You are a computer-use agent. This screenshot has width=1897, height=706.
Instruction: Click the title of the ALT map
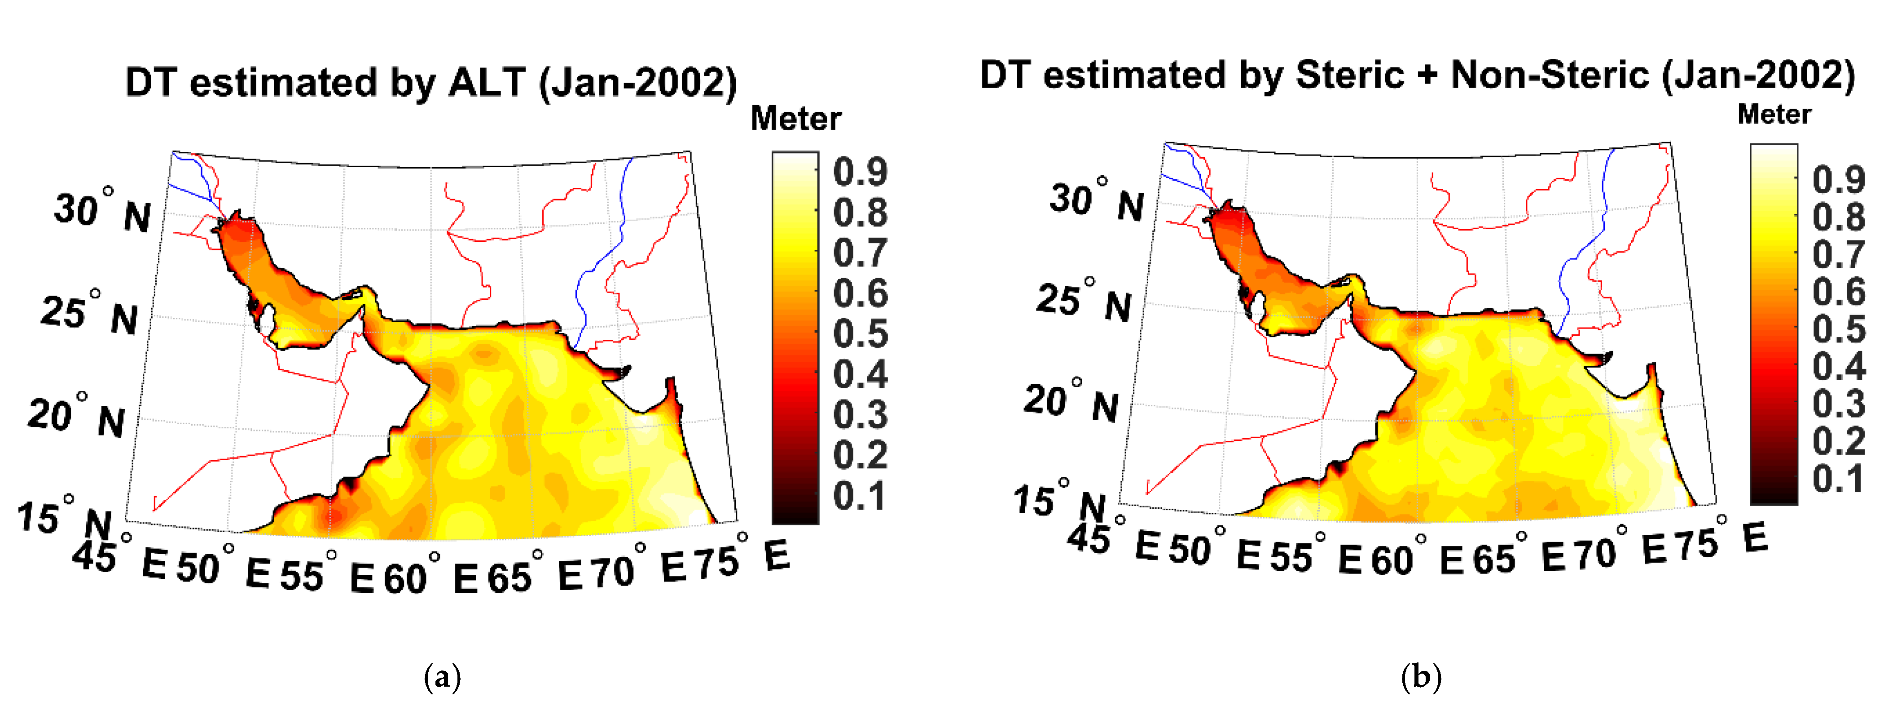(x=431, y=82)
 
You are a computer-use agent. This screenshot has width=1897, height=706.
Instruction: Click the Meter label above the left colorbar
(x=795, y=119)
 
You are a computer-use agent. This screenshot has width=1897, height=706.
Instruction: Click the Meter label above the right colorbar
(x=1774, y=114)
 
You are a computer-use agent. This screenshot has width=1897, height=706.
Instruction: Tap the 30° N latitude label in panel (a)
(x=101, y=212)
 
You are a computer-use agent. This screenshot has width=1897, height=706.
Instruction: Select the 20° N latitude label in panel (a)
(x=76, y=417)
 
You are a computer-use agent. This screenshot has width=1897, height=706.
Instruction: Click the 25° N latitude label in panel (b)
(x=1083, y=302)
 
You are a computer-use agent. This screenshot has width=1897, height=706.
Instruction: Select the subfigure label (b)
(x=1421, y=676)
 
